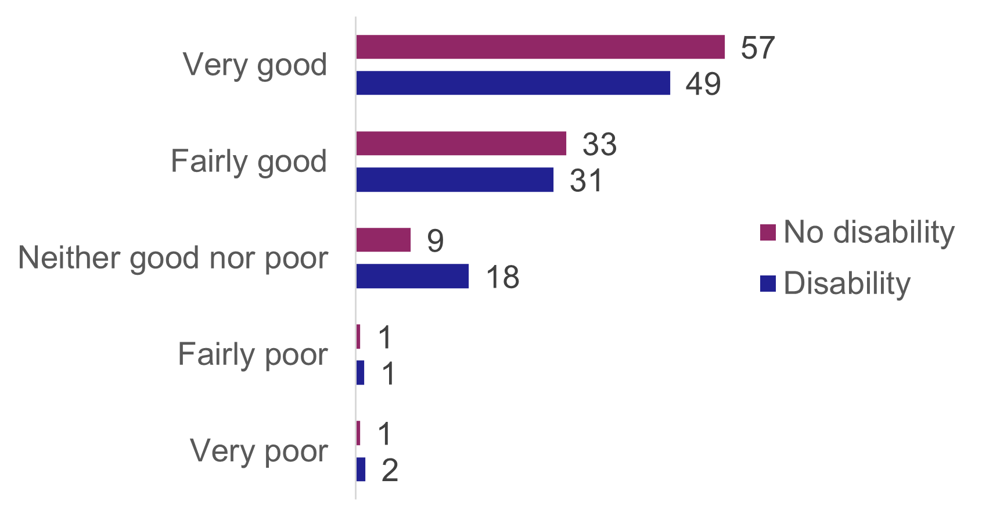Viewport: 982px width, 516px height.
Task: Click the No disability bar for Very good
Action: coord(540,47)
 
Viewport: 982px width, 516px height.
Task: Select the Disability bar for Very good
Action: coord(513,83)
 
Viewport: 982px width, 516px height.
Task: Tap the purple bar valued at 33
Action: coord(461,144)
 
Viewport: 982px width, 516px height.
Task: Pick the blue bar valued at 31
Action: coord(455,180)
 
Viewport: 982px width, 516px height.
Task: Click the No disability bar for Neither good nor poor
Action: coord(383,240)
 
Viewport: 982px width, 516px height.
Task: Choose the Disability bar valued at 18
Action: coord(412,276)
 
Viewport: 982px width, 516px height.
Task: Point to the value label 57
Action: coord(758,48)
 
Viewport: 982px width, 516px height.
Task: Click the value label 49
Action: coord(703,84)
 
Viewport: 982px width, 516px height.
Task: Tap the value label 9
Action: coord(435,241)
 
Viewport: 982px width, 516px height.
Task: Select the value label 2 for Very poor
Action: coord(390,470)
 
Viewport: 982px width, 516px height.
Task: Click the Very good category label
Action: coord(255,64)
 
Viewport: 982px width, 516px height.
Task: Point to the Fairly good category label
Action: coord(249,161)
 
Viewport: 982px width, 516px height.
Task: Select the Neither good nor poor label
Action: coord(173,257)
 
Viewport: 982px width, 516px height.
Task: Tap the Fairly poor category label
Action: coord(253,354)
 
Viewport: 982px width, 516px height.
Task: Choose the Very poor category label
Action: coord(259,450)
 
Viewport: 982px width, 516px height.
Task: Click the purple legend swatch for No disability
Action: coord(768,232)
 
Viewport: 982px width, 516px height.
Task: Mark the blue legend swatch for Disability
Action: coord(768,284)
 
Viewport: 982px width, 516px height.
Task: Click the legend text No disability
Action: coord(869,232)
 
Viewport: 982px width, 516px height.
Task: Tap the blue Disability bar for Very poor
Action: coord(361,470)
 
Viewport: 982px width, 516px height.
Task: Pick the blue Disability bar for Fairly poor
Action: coord(360,372)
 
